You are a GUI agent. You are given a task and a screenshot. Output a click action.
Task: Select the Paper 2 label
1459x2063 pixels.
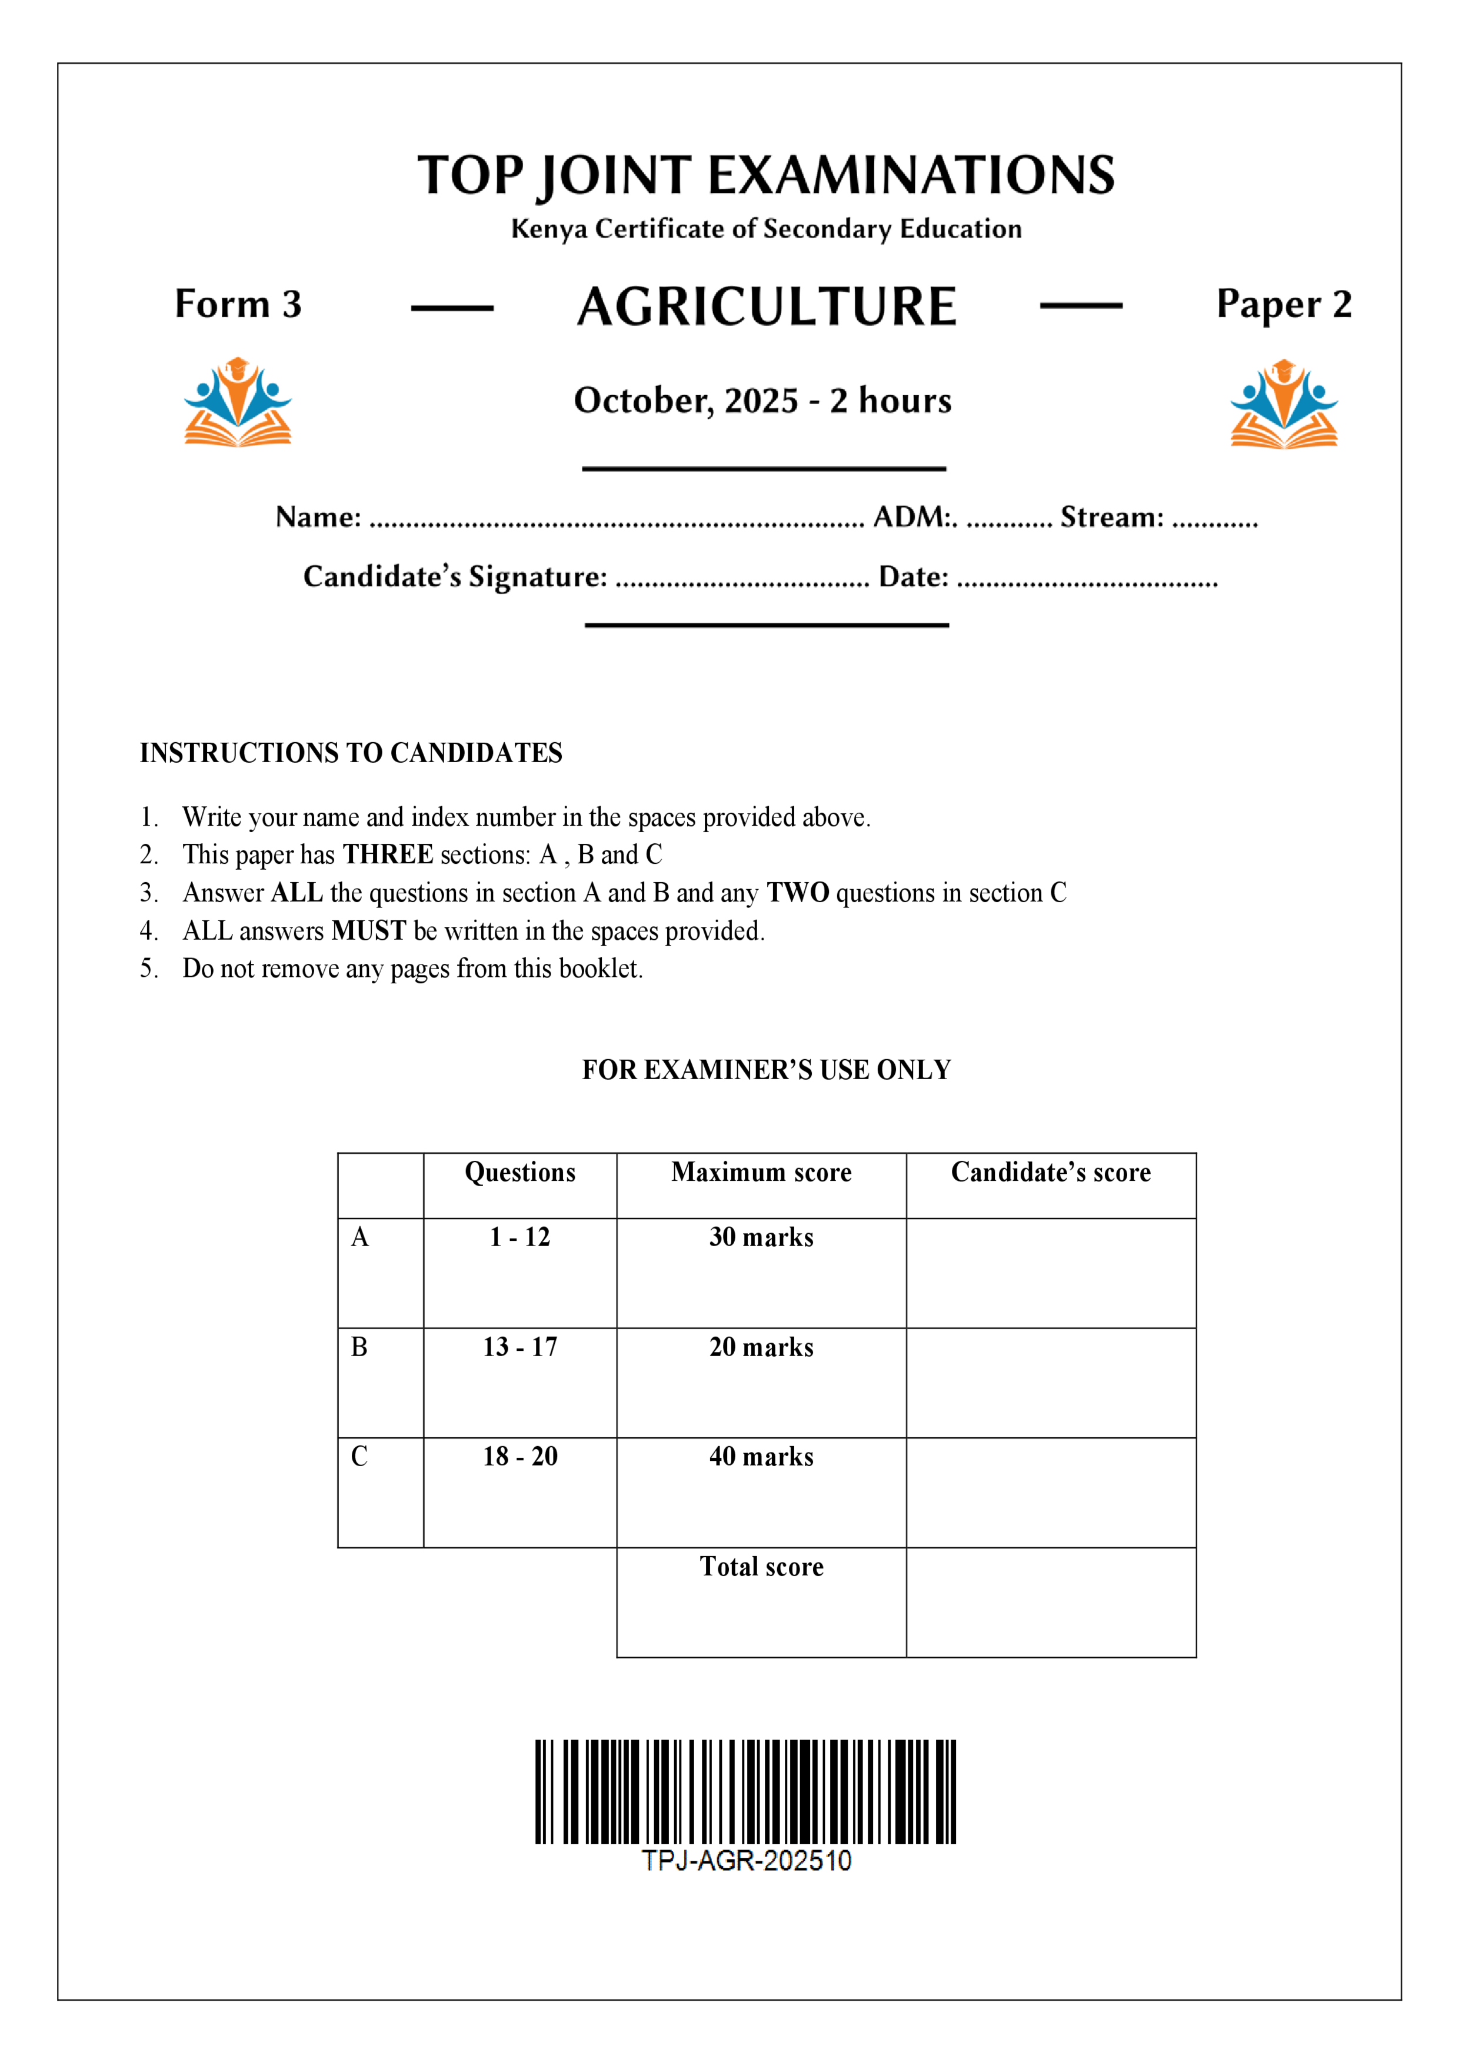tap(1283, 305)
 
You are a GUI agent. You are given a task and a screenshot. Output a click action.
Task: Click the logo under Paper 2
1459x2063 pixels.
tap(1283, 403)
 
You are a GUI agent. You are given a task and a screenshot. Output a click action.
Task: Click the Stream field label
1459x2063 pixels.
tap(1111, 517)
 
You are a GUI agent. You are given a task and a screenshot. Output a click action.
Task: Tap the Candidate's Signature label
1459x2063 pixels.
tap(455, 577)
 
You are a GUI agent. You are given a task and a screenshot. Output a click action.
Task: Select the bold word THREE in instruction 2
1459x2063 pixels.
tap(388, 854)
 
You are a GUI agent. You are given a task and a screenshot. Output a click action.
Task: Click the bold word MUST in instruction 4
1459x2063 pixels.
tap(368, 931)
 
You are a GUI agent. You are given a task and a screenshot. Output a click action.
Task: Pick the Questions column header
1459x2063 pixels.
tap(519, 1173)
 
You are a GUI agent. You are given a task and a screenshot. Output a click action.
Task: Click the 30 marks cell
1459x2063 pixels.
tap(761, 1237)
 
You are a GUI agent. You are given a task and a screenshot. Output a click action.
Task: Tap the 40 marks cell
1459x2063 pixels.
tap(761, 1457)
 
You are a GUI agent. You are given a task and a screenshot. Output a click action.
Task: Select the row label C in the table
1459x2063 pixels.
tap(359, 1457)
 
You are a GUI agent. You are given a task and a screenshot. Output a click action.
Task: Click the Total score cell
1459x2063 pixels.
tap(761, 1567)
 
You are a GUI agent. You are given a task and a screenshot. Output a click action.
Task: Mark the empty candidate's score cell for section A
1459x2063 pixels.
tap(1050, 1273)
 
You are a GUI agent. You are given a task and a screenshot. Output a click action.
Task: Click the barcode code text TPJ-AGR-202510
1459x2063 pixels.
tap(746, 1860)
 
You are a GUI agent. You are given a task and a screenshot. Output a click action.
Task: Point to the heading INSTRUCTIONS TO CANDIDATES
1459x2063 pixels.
tap(351, 753)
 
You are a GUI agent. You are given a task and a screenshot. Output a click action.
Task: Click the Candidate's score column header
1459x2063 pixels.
tap(1050, 1173)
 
